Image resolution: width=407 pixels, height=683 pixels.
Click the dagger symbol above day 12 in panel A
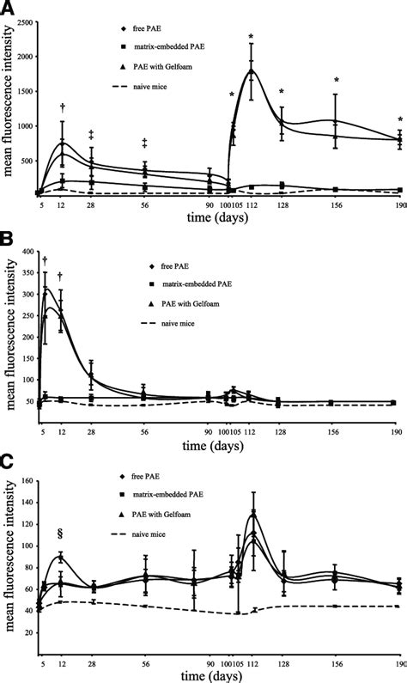62,107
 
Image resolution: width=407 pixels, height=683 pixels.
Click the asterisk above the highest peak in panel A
251,36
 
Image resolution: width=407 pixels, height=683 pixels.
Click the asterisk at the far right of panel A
400,119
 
